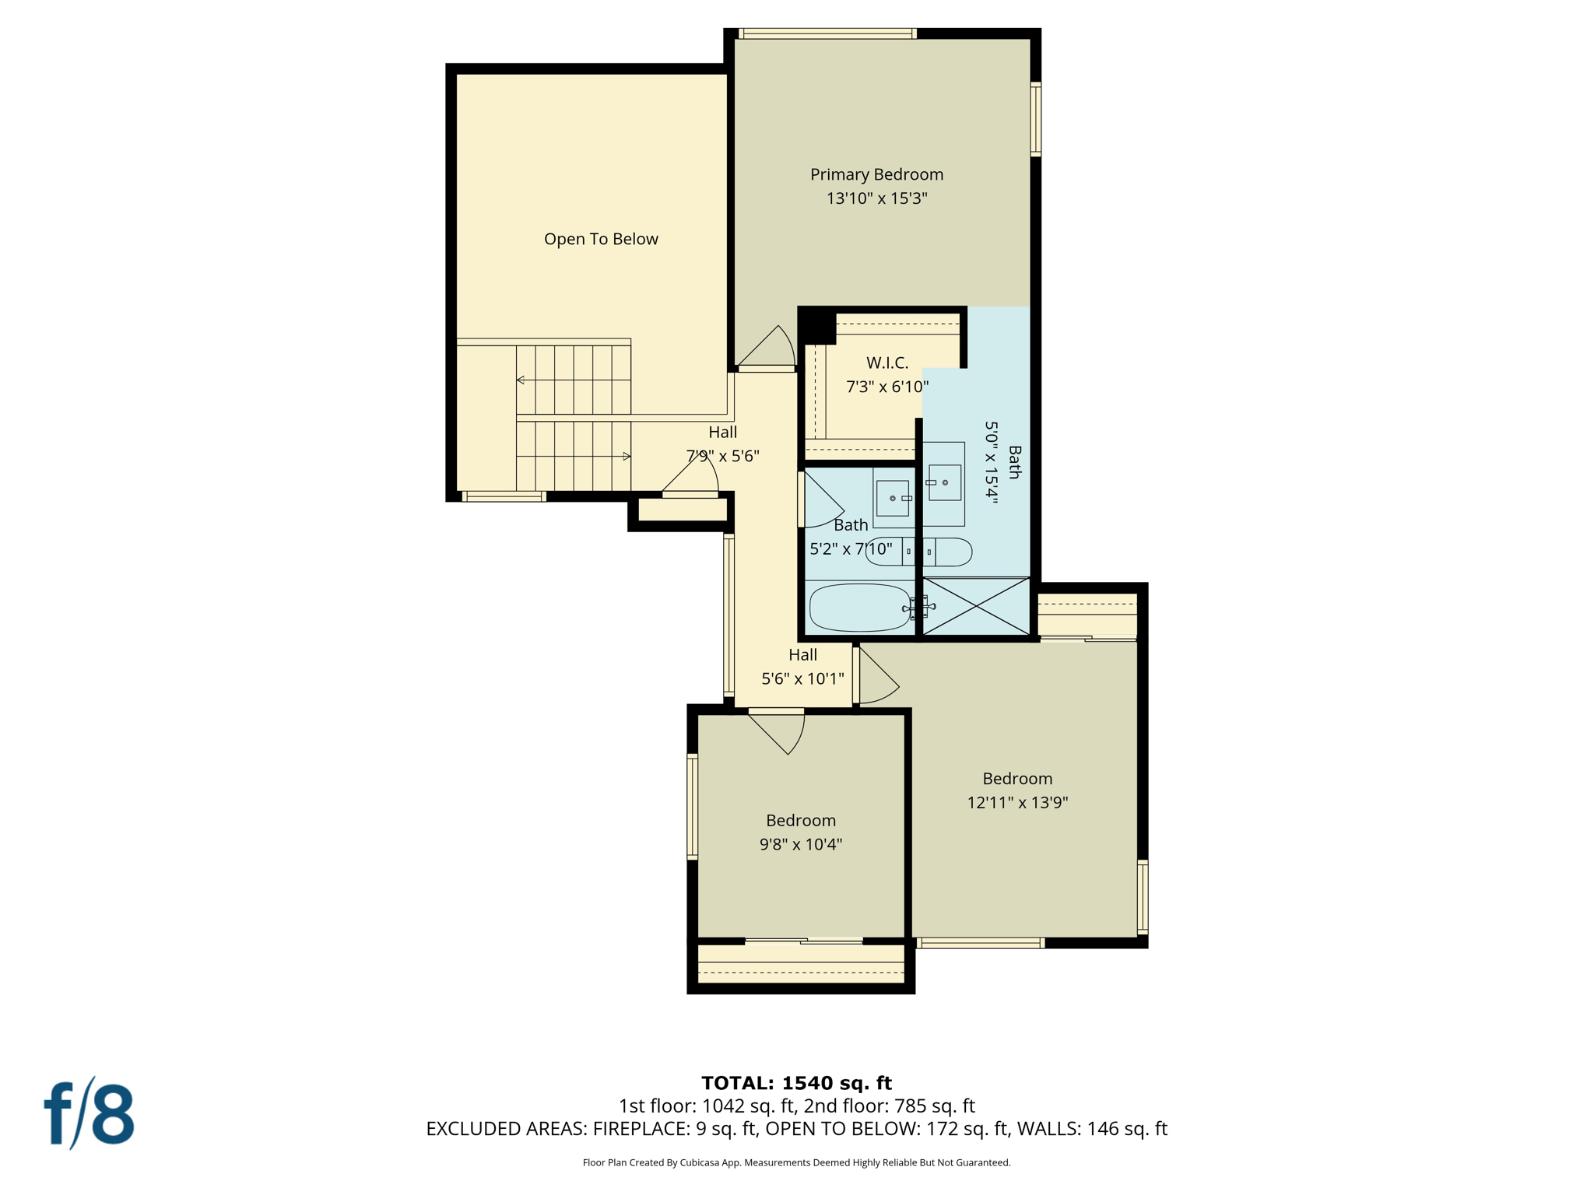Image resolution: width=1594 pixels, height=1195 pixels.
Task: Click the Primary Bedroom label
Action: pyautogui.click(x=876, y=174)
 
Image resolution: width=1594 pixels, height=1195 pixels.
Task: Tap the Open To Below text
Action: pyautogui.click(x=601, y=239)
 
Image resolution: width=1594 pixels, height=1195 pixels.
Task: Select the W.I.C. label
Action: pyautogui.click(x=887, y=363)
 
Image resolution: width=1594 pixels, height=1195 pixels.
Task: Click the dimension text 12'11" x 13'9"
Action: pyautogui.click(x=1017, y=803)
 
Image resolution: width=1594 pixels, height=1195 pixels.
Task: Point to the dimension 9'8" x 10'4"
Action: pyautogui.click(x=801, y=844)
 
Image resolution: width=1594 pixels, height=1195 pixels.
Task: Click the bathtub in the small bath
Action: pyautogui.click(x=859, y=608)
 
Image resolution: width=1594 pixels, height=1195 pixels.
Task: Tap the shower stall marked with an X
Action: pyautogui.click(x=976, y=606)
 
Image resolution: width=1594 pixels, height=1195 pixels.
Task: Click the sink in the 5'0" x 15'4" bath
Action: pyautogui.click(x=944, y=483)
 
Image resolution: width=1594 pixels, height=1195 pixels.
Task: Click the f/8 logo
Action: pyautogui.click(x=89, y=1113)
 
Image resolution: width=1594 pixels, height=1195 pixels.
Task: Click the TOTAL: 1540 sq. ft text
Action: pyautogui.click(x=796, y=1083)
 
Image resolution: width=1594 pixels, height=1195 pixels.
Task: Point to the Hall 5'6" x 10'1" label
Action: pyautogui.click(x=802, y=667)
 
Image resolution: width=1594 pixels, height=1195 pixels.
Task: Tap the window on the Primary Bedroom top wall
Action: pyautogui.click(x=827, y=33)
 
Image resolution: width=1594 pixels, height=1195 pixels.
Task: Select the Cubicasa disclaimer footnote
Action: pyautogui.click(x=796, y=1162)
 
